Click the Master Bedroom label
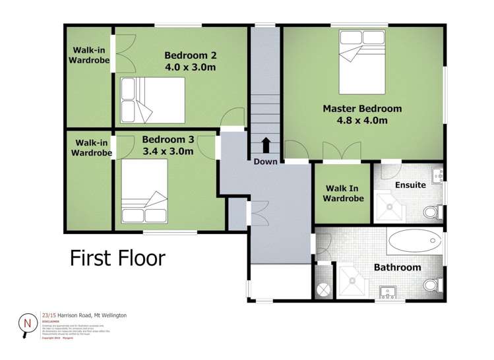point(361,108)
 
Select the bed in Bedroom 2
point(152,100)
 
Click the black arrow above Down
point(266,145)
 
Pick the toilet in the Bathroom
point(430,285)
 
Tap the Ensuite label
point(410,185)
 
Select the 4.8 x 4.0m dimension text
point(361,121)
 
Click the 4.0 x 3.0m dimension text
point(191,67)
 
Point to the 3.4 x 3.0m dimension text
point(168,151)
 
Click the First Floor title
point(117,258)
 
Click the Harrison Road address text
point(84,316)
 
